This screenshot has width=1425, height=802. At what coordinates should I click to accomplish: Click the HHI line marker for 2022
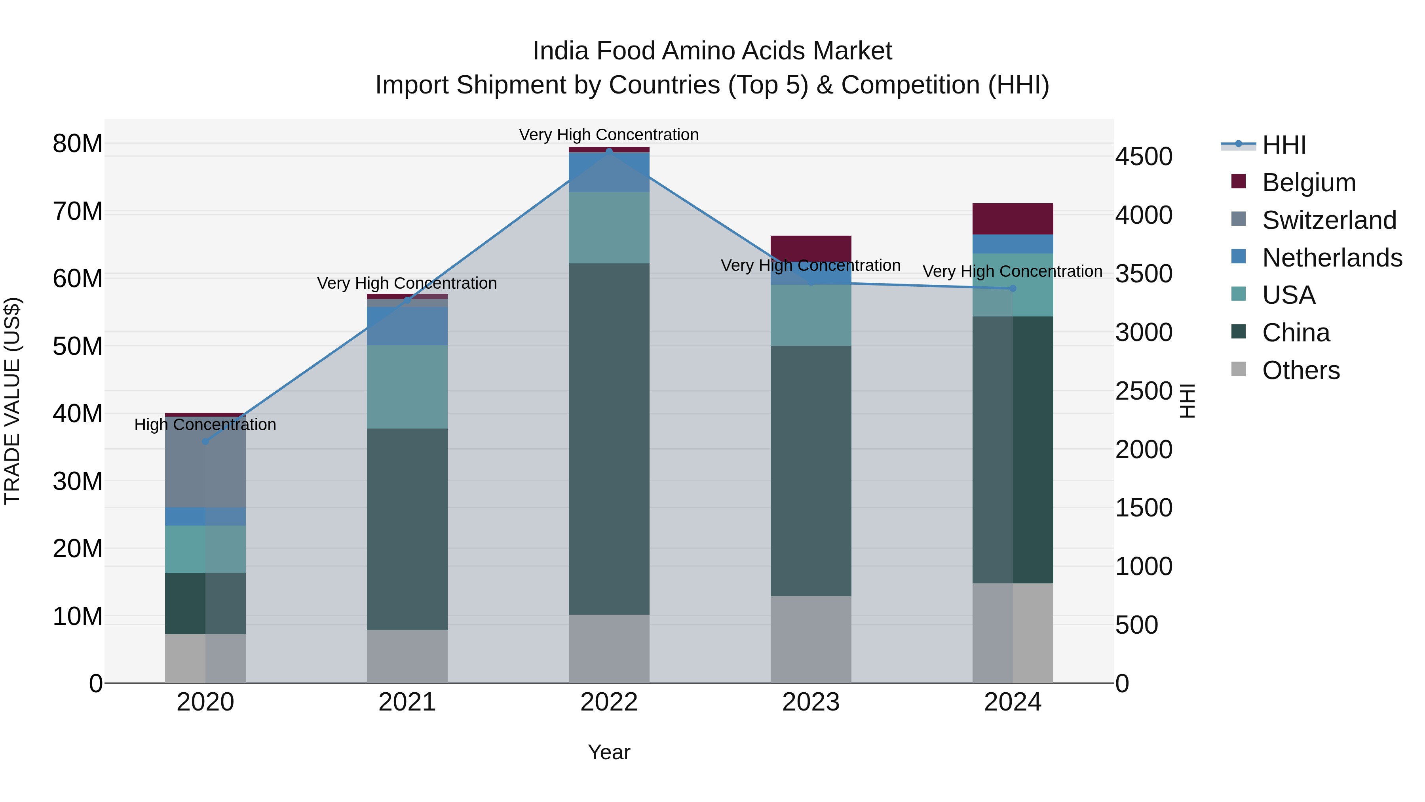(609, 151)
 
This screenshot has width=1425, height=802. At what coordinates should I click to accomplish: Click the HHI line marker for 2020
(205, 441)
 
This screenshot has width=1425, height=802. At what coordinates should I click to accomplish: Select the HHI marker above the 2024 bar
(1013, 288)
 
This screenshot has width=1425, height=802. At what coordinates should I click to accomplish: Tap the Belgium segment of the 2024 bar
(1013, 219)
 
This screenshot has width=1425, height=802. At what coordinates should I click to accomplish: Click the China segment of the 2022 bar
(609, 438)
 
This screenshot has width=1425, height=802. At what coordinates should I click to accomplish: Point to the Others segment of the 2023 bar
(811, 639)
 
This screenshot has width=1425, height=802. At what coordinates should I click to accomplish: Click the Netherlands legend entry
(1332, 257)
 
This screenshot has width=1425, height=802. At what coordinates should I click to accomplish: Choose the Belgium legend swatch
(1239, 181)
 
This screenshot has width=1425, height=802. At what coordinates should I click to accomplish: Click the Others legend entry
(1301, 370)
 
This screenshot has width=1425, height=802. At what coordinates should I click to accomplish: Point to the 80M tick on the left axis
(78, 143)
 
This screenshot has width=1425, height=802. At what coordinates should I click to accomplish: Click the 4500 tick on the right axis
(1144, 156)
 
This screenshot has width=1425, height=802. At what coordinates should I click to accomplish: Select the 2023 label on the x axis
(811, 702)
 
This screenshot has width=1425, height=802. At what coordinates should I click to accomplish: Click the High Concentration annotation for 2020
(205, 425)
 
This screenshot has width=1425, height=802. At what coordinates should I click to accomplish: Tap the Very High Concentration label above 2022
(609, 135)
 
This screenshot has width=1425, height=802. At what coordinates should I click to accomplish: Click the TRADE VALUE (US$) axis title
(12, 401)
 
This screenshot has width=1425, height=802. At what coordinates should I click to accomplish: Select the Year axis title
(609, 752)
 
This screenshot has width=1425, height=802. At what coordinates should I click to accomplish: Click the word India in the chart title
(560, 51)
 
